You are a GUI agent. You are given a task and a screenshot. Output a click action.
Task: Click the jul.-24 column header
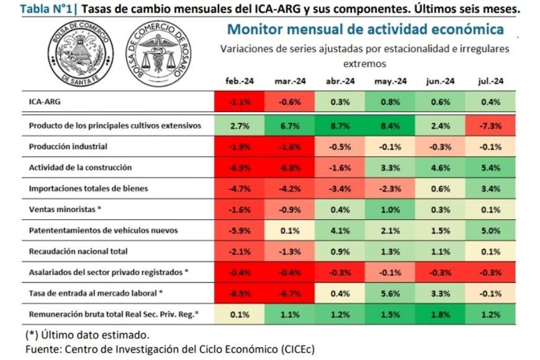(x=490, y=81)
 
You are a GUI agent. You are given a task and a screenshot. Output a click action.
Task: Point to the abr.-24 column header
(x=340, y=81)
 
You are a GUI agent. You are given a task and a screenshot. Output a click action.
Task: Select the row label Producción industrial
(x=68, y=146)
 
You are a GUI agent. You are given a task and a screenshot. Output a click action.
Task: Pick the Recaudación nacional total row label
(x=78, y=251)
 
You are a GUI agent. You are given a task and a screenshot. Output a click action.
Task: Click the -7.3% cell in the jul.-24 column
(x=490, y=125)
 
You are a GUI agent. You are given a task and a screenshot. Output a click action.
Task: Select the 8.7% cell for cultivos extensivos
(x=340, y=125)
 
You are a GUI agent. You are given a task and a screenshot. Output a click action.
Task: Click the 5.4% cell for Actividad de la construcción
(x=490, y=168)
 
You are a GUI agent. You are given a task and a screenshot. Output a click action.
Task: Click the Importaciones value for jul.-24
(x=490, y=189)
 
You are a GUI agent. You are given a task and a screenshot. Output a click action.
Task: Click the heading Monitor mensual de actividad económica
(x=366, y=29)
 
